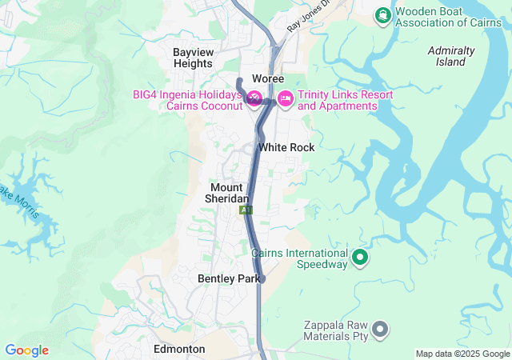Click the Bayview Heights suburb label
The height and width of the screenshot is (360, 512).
coord(194,58)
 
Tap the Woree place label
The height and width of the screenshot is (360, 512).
coord(268,78)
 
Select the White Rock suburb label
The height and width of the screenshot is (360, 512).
coord(286,148)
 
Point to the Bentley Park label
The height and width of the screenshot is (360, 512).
coord(228,279)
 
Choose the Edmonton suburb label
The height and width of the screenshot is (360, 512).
coord(179,350)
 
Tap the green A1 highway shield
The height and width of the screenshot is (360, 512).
coord(246,210)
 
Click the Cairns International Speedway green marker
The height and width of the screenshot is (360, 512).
coord(360,258)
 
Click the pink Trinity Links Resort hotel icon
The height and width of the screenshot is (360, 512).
coord(285,100)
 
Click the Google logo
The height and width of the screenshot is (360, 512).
coord(26,350)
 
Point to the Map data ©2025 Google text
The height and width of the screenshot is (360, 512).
coord(462,354)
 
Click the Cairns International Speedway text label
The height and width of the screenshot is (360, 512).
coord(300,258)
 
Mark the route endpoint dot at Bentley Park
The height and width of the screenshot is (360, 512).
coord(262,279)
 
